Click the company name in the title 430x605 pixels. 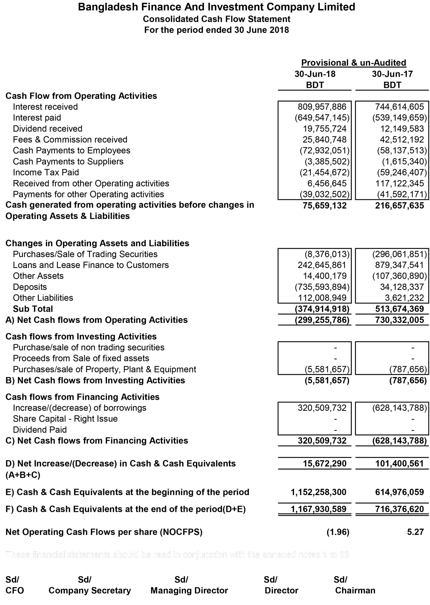click(217, 7)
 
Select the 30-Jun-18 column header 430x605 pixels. click(315, 74)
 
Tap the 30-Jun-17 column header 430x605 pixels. click(392, 74)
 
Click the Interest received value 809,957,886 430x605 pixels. click(322, 107)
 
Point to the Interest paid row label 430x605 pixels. click(37, 118)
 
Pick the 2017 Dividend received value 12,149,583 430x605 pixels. click(399, 129)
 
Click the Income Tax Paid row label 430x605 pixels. click(46, 172)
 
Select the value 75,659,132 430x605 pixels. click(324, 206)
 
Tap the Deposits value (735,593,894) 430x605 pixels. click(322, 287)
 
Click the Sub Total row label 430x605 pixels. click(33, 309)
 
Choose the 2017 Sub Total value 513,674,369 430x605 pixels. click(399, 309)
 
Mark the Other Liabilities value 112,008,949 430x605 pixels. click(322, 298)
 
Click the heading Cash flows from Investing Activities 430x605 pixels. click(81, 336)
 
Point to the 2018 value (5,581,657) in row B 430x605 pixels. click(327, 380)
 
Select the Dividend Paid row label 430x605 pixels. click(40, 430)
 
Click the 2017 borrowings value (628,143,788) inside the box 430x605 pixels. click(399, 408)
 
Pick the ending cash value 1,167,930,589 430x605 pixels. click(318, 509)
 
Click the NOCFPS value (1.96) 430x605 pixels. click(338, 532)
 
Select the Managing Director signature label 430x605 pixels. click(189, 591)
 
